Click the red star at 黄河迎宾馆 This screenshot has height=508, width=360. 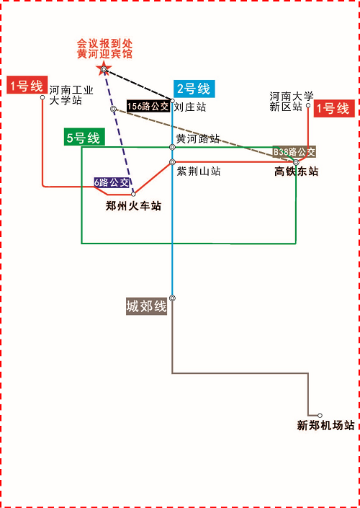pyautogui.click(x=104, y=69)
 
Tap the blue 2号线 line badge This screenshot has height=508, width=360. pyautogui.click(x=194, y=89)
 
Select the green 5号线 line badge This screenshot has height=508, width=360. pyautogui.click(x=84, y=138)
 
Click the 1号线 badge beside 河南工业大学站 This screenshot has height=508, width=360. pyautogui.click(x=27, y=85)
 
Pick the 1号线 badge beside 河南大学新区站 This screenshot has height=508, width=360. pyautogui.click(x=334, y=109)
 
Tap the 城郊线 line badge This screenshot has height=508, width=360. pyautogui.click(x=147, y=306)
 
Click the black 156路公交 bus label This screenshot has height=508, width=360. pyautogui.click(x=148, y=107)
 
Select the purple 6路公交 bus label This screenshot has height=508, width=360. pyautogui.click(x=112, y=182)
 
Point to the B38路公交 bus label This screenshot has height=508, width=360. pyautogui.click(x=294, y=151)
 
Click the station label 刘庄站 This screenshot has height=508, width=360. pyautogui.click(x=189, y=107)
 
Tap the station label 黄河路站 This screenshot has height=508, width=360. pyautogui.click(x=198, y=138)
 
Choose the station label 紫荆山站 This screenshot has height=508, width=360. pyautogui.click(x=199, y=171)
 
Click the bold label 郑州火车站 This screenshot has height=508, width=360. pyautogui.click(x=133, y=206)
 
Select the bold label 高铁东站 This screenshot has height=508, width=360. pyautogui.click(x=296, y=171)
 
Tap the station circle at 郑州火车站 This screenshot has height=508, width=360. pyautogui.click(x=133, y=194)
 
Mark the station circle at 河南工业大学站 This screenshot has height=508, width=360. pyautogui.click(x=42, y=97)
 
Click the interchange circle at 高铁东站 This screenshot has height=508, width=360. pyautogui.click(x=296, y=162)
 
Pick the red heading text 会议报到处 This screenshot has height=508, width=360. pyautogui.click(x=104, y=43)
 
